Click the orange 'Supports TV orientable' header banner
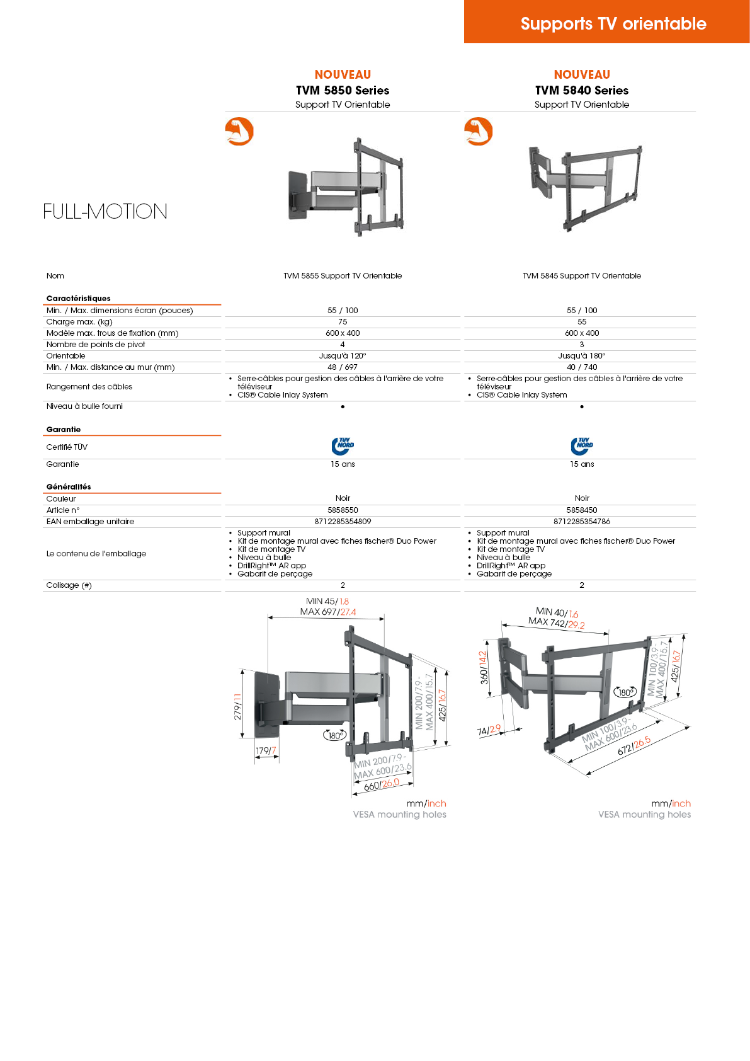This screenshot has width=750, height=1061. coord(613,23)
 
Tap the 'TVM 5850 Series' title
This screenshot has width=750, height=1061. coord(343,90)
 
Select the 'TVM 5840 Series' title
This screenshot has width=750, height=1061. coord(582,90)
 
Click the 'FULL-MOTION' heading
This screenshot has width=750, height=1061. coord(105,211)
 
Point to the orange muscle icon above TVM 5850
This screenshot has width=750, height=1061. coord(239,131)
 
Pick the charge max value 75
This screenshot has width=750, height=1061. coord(343,322)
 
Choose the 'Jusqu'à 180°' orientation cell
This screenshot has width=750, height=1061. coord(582,356)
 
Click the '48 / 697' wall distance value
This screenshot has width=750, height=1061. coord(343,367)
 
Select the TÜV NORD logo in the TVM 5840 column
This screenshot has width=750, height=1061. coord(582,445)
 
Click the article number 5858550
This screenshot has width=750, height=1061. coord(343,510)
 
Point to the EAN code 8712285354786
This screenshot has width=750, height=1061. coord(582,522)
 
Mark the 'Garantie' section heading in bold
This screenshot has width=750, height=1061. coord(64,430)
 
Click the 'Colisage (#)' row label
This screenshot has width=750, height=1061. coord(69,585)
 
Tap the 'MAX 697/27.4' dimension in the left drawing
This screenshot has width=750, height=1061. coord(328,612)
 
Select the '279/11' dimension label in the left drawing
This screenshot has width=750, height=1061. coord(237,707)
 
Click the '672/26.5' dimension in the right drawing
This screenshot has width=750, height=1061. coord(634,746)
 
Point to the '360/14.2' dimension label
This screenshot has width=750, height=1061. coord(483,668)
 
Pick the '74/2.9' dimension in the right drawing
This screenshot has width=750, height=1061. coord(489,730)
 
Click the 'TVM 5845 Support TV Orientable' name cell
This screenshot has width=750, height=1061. coord(582,276)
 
